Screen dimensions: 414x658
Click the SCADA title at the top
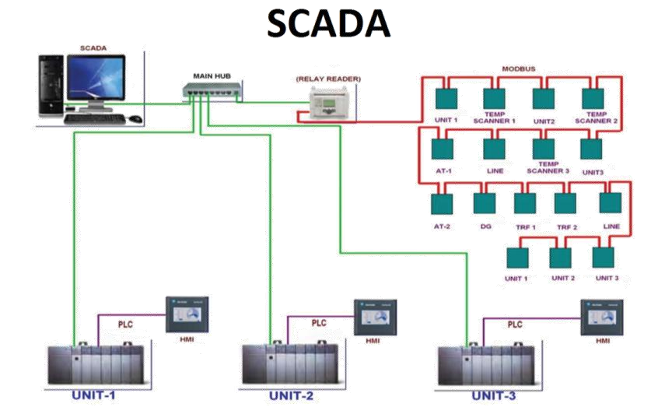pyautogui.click(x=328, y=25)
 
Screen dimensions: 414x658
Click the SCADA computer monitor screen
pyautogui.click(x=96, y=79)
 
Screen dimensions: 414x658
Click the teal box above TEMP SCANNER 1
pyautogui.click(x=495, y=99)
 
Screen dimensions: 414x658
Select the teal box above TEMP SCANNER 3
pyautogui.click(x=543, y=148)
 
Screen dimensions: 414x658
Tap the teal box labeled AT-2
pyautogui.click(x=441, y=202)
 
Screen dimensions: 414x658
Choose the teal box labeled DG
pyautogui.click(x=483, y=202)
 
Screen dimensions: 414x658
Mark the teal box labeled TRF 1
pyautogui.click(x=525, y=202)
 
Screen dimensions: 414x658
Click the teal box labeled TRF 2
pyautogui.click(x=566, y=202)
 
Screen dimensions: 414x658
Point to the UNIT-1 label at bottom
pyautogui.click(x=93, y=395)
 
